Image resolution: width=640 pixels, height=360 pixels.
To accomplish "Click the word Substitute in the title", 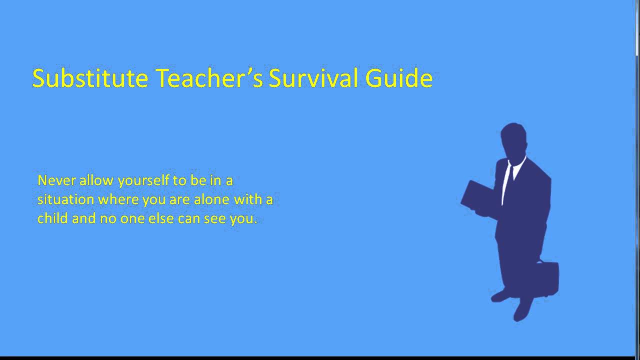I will pyautogui.click(x=90, y=78).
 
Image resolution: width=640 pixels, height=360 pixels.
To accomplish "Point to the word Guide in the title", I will pyautogui.click(x=399, y=78).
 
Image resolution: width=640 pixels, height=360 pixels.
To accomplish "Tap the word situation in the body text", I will pyautogui.click(x=65, y=199).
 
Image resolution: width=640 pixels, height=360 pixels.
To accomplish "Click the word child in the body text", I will pyautogui.click(x=52, y=218).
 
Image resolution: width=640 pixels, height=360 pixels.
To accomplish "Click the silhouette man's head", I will pyautogui.click(x=513, y=140).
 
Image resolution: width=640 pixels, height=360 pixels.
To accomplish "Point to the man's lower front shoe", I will pyautogui.click(x=522, y=310).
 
